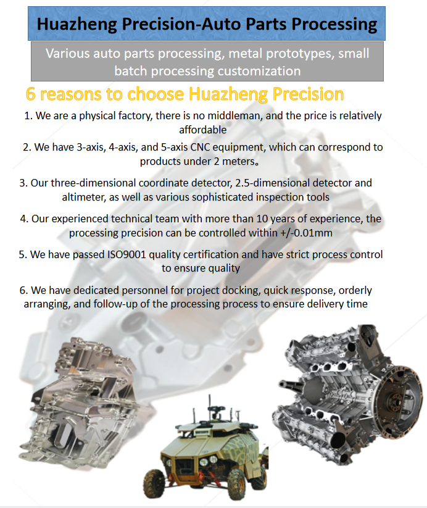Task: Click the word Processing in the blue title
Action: [334, 25]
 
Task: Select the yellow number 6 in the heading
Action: [30, 94]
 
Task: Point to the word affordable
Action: [203, 130]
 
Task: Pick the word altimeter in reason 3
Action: [84, 197]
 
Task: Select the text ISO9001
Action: [126, 255]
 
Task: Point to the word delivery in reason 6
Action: [321, 304]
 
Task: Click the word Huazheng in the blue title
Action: [77, 25]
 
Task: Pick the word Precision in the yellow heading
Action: [308, 94]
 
